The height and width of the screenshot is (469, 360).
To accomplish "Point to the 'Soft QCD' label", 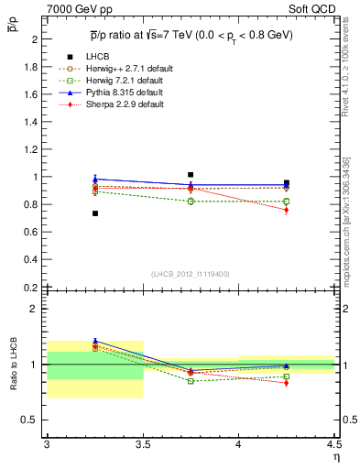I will pos(316,7).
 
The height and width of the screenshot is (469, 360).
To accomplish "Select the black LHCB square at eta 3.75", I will pos(191,174).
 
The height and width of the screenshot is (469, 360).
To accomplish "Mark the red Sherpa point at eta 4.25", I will pos(287,210).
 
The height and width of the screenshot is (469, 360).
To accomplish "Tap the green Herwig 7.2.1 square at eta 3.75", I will pos(191,202).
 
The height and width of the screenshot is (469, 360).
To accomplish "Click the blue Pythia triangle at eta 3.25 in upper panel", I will pos(94,179).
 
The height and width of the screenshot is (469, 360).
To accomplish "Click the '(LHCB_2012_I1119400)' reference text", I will pos(190,274).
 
